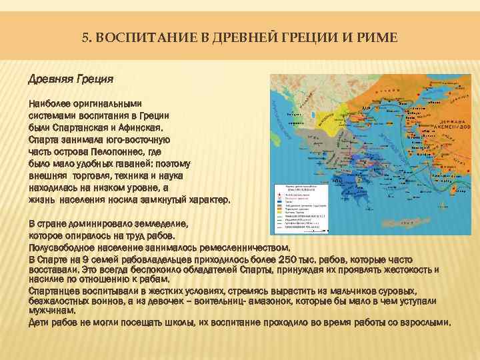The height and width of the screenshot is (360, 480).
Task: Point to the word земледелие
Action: (154, 224)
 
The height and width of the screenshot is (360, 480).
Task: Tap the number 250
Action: (281, 258)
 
